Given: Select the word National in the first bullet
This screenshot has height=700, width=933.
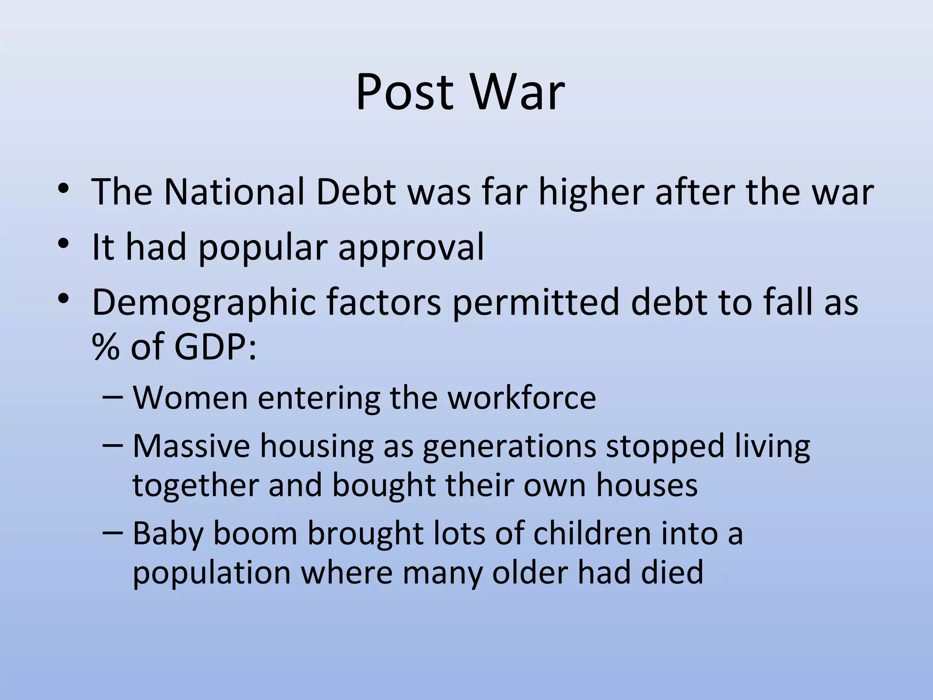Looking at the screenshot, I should pos(234,192).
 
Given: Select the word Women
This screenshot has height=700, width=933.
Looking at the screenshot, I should pos(190,398).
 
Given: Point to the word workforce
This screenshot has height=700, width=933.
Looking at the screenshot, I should pos(522,398).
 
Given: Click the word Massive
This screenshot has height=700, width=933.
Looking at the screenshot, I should pos(191,446).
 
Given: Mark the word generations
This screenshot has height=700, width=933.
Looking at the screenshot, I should pos(509,447).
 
